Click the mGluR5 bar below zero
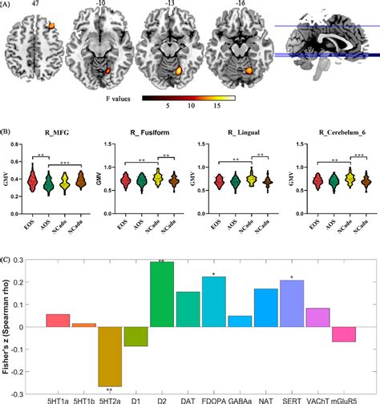tap(344, 334)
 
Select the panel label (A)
tap(7, 6)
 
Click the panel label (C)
tap(8, 260)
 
